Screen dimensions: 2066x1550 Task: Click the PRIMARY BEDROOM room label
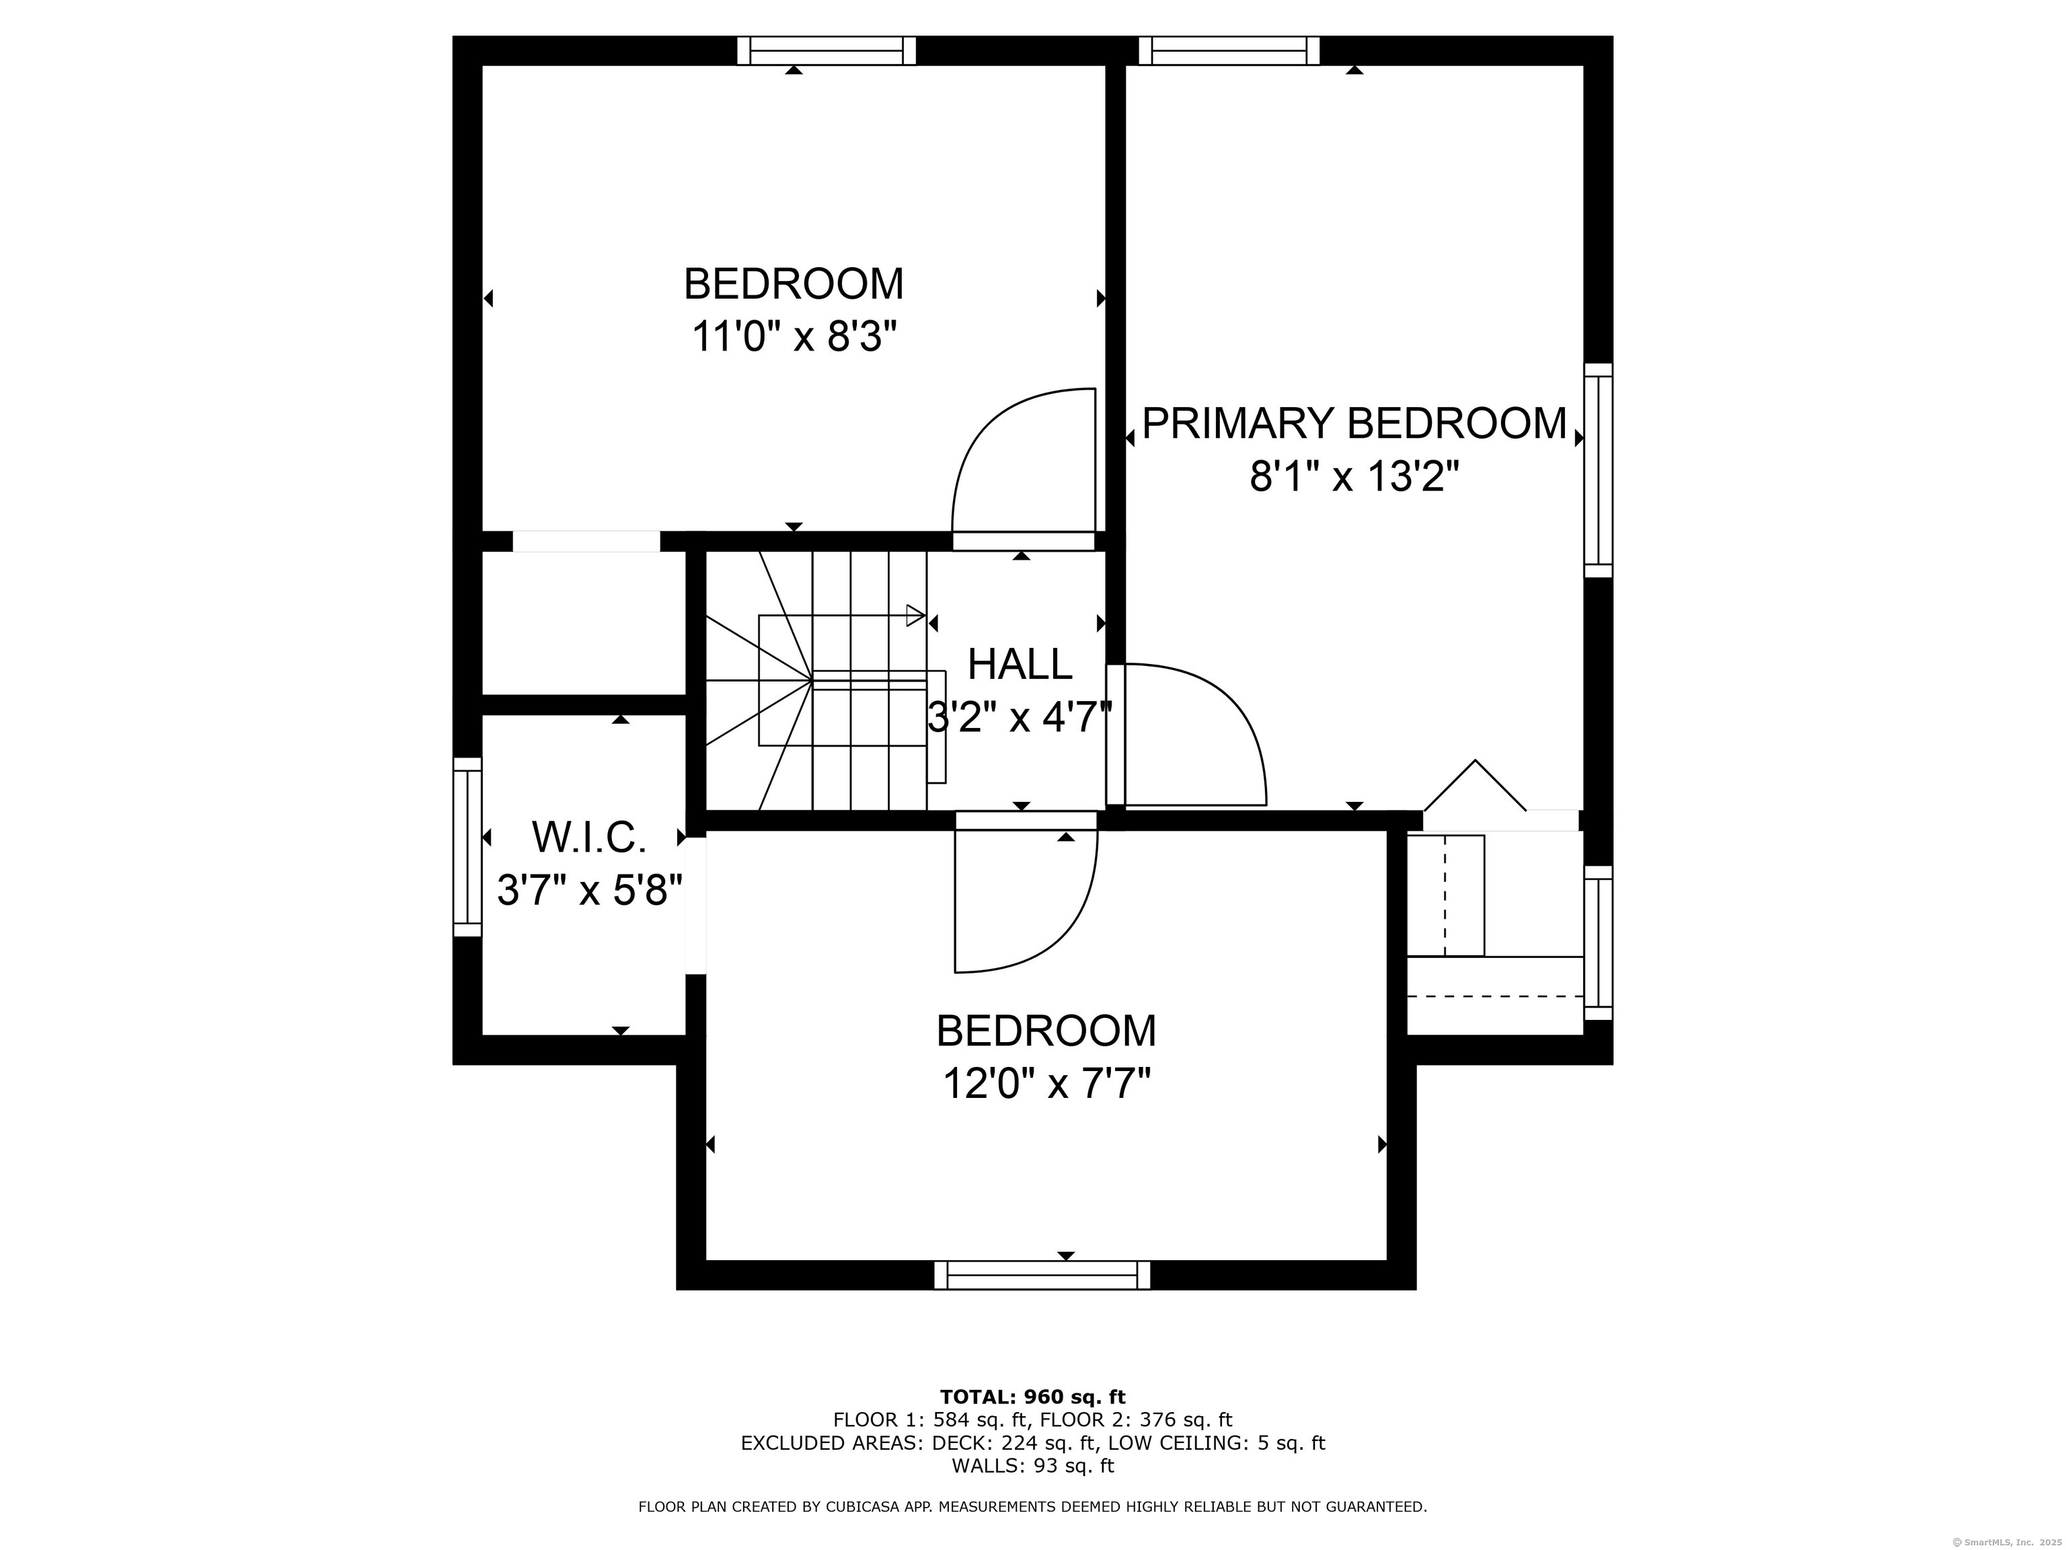[1354, 423]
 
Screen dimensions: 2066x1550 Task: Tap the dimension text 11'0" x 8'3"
[794, 337]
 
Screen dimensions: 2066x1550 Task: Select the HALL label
[1020, 664]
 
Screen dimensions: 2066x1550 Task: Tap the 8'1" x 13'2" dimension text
[1354, 478]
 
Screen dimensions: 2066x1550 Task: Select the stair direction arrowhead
[915, 616]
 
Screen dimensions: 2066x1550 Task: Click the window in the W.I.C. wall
[467, 846]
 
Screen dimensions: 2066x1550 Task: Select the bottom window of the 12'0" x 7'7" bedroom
[1042, 1276]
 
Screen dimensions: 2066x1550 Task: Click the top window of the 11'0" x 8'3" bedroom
[827, 50]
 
